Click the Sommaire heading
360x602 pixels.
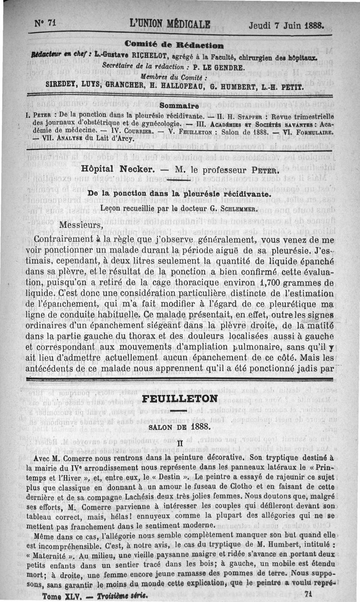tap(178, 106)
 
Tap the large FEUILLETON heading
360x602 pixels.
tap(180, 398)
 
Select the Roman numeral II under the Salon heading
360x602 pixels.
tap(179, 443)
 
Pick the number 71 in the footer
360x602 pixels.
tap(308, 594)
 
